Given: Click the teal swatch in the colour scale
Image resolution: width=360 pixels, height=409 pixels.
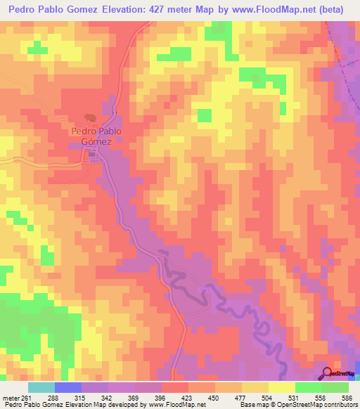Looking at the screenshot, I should tap(41, 387).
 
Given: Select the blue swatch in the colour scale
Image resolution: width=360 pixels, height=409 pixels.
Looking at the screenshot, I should tap(68, 387).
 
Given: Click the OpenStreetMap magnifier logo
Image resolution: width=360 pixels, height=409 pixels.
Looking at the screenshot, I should tap(327, 373).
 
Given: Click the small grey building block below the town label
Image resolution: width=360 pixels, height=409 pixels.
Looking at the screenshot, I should tap(91, 157).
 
